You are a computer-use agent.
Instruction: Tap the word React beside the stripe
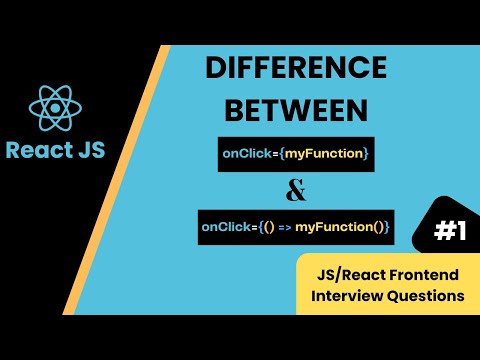pos(36,152)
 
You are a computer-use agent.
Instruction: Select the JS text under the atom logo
pos(85,152)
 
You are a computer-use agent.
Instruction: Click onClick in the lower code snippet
pos(226,228)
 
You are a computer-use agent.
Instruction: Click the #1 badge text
pos(451,232)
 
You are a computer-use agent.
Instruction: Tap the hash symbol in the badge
pos(443,232)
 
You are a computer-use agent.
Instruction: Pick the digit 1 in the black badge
pos(461,232)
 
